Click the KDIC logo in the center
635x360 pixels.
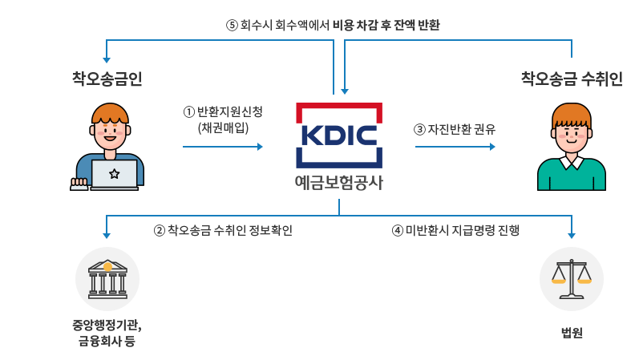point(339,135)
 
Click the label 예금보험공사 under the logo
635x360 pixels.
point(339,182)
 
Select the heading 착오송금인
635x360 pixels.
point(107,78)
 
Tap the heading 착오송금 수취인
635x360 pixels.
point(571,78)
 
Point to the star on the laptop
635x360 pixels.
point(113,173)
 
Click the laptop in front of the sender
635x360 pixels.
point(113,174)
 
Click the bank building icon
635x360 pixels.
point(107,278)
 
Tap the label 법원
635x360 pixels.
point(572,332)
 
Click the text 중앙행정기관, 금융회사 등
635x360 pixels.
point(107,334)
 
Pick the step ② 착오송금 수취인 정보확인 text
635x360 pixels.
point(223,231)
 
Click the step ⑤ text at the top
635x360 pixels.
point(334,25)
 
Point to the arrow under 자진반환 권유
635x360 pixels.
point(455,147)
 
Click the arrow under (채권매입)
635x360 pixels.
point(223,147)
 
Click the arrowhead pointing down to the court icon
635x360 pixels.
point(572,235)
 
